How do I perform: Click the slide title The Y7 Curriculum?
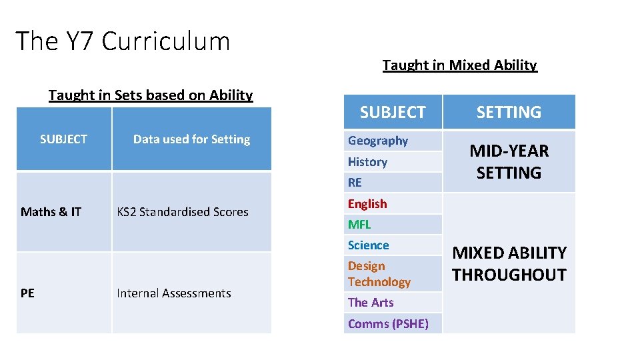(123, 41)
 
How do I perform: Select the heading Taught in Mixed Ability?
(459, 65)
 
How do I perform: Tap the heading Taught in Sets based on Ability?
(151, 95)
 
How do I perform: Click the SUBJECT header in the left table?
(63, 139)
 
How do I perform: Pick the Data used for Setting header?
(191, 139)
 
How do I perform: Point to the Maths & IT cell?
(51, 212)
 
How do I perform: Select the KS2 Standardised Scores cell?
(183, 212)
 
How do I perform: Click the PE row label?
(28, 293)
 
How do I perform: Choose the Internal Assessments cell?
(174, 293)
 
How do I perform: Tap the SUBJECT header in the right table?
(393, 113)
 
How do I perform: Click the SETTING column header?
(509, 113)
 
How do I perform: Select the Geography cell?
(378, 141)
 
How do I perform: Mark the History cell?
(367, 162)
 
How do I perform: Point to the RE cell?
(355, 183)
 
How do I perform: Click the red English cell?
(367, 204)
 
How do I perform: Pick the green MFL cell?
(359, 225)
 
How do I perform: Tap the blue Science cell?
(369, 245)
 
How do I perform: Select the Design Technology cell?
(379, 274)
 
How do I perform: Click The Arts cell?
(371, 303)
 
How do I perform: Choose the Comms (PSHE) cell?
(388, 324)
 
